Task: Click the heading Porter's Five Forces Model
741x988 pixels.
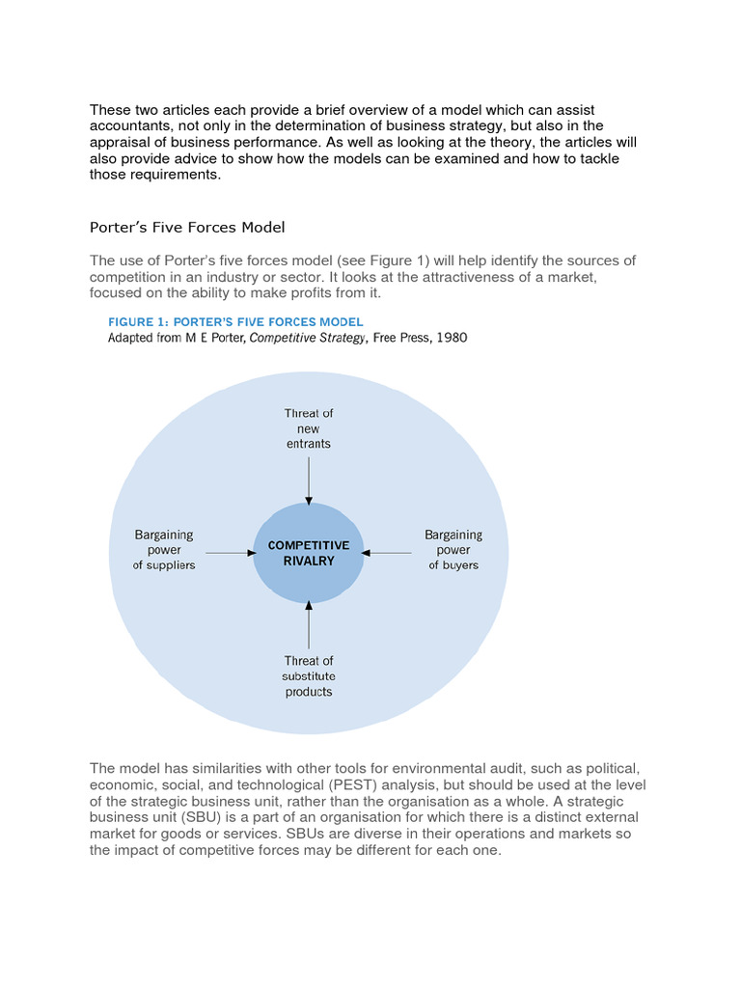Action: click(187, 228)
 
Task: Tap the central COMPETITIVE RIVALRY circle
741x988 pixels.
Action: click(309, 554)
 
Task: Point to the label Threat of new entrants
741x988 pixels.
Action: click(309, 428)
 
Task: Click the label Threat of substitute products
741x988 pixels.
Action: click(309, 676)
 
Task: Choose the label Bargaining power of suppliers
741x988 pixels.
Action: click(164, 550)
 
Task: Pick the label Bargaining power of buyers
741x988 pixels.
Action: click(453, 550)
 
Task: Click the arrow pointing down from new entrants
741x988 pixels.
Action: click(309, 480)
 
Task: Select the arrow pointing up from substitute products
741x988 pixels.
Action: click(309, 623)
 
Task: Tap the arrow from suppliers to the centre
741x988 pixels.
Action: click(230, 553)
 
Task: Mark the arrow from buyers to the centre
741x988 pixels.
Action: click(389, 553)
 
